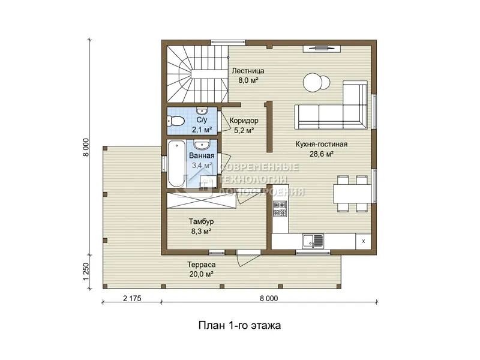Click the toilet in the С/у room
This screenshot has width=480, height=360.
175,121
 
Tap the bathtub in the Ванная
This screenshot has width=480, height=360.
176,163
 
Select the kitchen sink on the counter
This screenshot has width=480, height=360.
313,241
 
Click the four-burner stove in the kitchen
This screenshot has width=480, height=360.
280,209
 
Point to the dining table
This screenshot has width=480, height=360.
352,193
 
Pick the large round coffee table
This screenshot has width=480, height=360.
313,83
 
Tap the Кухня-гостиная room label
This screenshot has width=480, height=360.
322,144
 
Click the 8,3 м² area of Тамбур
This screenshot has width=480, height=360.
202,232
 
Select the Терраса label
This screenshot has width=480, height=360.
202,265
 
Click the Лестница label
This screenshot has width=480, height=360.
248,71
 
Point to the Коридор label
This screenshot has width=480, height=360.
244,121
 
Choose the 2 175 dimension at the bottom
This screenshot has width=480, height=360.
132,298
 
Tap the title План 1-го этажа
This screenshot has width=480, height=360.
239,325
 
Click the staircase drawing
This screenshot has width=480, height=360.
197,74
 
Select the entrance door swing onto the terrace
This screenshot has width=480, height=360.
248,259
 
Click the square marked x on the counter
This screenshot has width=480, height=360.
364,241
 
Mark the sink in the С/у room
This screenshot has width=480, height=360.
202,111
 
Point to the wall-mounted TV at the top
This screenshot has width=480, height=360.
322,48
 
